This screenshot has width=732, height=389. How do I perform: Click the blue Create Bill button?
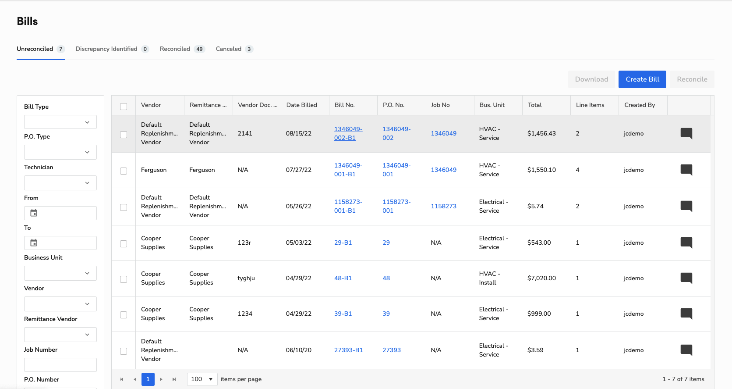pos(642,79)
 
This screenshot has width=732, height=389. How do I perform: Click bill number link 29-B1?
pos(343,243)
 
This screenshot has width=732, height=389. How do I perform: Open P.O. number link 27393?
pos(391,350)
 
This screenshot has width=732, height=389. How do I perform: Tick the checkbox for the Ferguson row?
pos(124,171)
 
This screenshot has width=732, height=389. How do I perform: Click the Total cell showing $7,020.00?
pos(541,278)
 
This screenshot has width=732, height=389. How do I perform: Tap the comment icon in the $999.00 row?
pos(686,314)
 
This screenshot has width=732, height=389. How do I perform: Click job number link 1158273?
pos(443,206)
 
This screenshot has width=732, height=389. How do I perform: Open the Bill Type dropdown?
pos(60,122)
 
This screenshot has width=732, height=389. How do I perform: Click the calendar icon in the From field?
pos(34,213)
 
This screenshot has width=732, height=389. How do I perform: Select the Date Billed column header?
pos(301,105)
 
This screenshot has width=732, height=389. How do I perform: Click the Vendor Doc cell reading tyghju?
pos(246,278)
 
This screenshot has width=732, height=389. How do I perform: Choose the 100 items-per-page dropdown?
pos(202,379)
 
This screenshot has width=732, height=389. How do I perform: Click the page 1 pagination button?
pos(148,379)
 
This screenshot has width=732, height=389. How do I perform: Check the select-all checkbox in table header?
pos(124,107)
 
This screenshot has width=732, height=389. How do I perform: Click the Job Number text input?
pos(60,364)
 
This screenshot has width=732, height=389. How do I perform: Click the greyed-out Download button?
pos(591,79)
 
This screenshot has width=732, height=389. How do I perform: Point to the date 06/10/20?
pos(298,350)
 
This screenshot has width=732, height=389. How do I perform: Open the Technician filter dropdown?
pos(60,183)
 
